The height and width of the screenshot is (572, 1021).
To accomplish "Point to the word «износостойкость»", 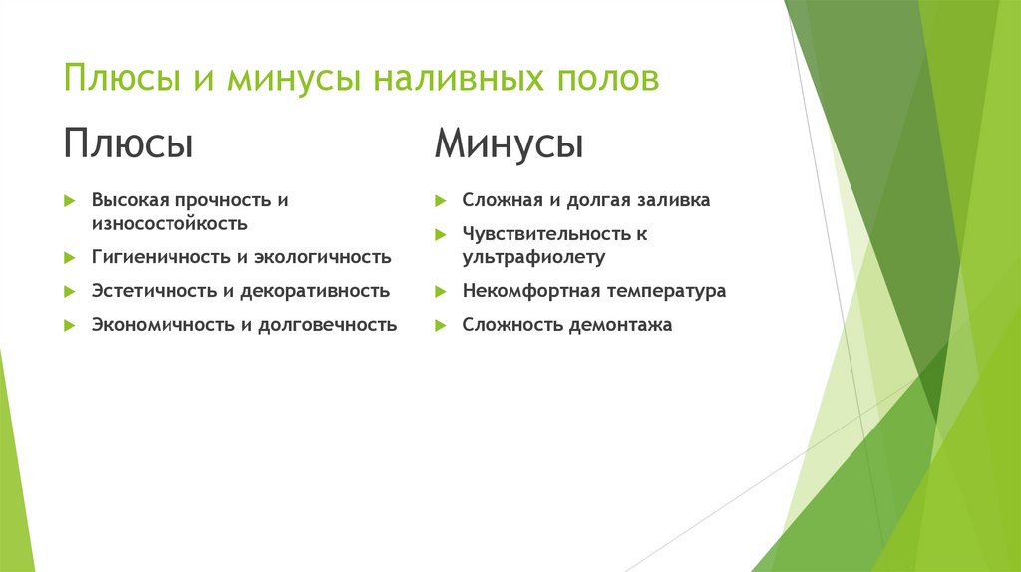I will tap(170, 224).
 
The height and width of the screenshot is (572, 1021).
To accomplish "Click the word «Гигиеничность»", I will tap(162, 257).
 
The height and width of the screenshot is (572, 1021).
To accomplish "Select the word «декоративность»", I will tap(322, 291).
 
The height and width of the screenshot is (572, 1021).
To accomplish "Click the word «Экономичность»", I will tap(164, 324).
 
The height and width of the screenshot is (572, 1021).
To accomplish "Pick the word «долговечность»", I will tap(329, 324).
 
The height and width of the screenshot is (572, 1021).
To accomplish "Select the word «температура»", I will tap(665, 291).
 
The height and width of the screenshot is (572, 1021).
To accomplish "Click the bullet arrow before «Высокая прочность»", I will tap(69, 200).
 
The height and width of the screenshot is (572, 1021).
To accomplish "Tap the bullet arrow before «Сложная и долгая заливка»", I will tap(440, 200).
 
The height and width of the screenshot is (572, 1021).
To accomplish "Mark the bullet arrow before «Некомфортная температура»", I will tap(440, 291).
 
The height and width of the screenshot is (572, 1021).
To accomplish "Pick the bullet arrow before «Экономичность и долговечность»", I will tap(69, 324).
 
